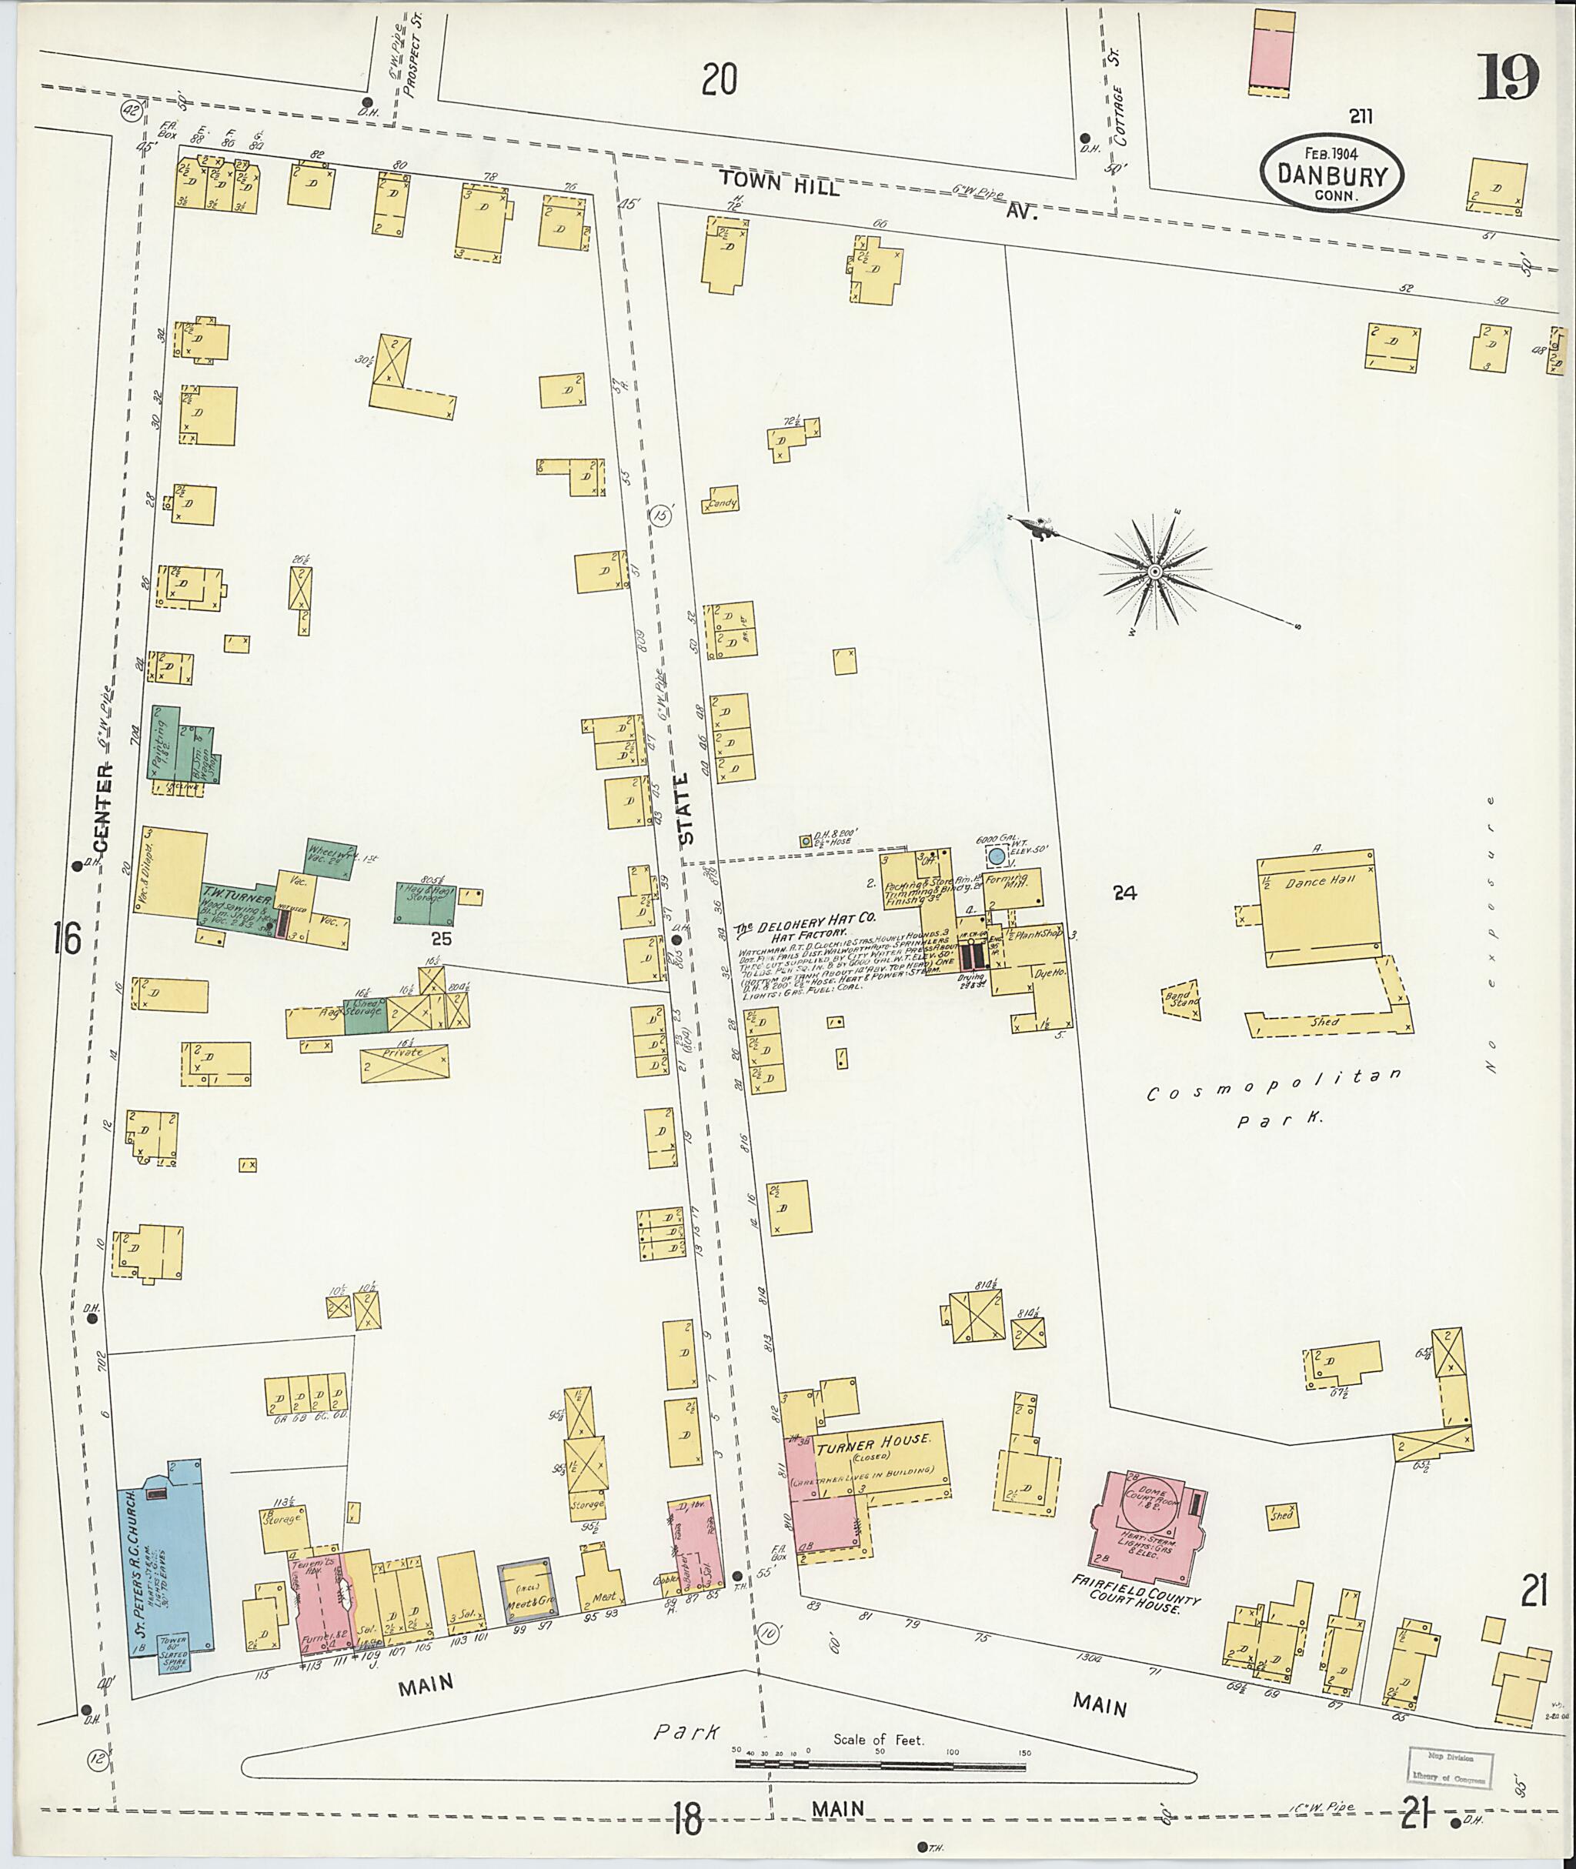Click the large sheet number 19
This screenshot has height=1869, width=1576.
click(1508, 78)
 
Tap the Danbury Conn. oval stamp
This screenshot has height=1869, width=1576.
click(1331, 173)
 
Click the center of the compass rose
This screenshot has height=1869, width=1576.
click(1154, 571)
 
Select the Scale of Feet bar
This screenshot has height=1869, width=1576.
click(880, 1764)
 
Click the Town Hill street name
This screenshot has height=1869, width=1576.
click(780, 185)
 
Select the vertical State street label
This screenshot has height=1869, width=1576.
click(685, 809)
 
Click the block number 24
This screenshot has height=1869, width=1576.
click(1124, 892)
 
